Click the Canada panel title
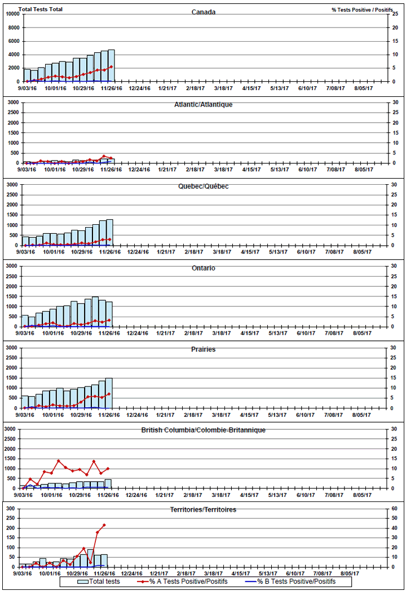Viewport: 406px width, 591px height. [203, 12]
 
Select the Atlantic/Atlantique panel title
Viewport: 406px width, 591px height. [203, 104]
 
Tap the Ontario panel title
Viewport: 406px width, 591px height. [203, 268]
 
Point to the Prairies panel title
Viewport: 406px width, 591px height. [203, 349]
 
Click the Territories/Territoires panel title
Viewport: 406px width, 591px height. [203, 509]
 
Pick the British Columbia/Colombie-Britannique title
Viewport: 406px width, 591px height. [203, 430]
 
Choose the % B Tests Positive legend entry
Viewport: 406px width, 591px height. [295, 581]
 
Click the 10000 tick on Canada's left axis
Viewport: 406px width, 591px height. [12, 14]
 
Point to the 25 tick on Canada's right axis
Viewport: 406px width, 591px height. [396, 14]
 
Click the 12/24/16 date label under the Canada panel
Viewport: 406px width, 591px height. [139, 88]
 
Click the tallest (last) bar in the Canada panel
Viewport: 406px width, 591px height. [111, 66]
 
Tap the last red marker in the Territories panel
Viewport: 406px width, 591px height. [104, 525]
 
